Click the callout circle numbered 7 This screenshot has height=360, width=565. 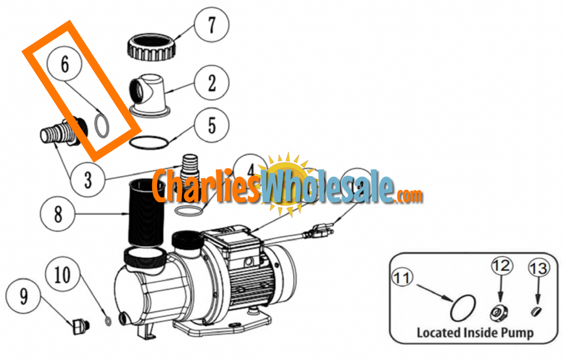coord(210,25)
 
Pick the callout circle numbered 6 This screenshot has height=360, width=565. coord(65,64)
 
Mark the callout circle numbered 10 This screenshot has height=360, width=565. coord(63,275)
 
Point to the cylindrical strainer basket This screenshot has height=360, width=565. coord(147,212)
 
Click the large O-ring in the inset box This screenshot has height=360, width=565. coord(462,308)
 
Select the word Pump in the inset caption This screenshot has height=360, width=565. coord(518,332)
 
